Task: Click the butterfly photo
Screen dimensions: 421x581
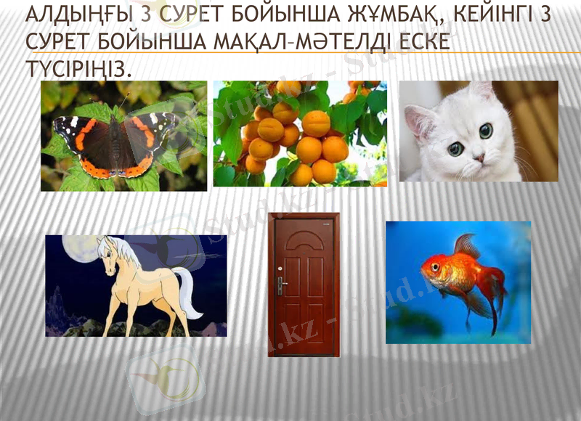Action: [x=123, y=136]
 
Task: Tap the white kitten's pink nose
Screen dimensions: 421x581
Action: [x=479, y=156]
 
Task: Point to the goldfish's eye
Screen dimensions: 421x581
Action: [x=435, y=266]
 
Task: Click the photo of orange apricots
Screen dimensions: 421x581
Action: [x=300, y=134]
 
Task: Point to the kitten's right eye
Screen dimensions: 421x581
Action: [x=485, y=131]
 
